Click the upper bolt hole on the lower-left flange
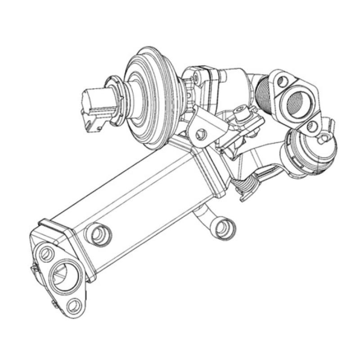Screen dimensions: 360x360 click(46, 254)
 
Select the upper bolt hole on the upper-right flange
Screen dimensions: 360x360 click(282, 81)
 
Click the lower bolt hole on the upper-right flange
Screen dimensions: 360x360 click(311, 127)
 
